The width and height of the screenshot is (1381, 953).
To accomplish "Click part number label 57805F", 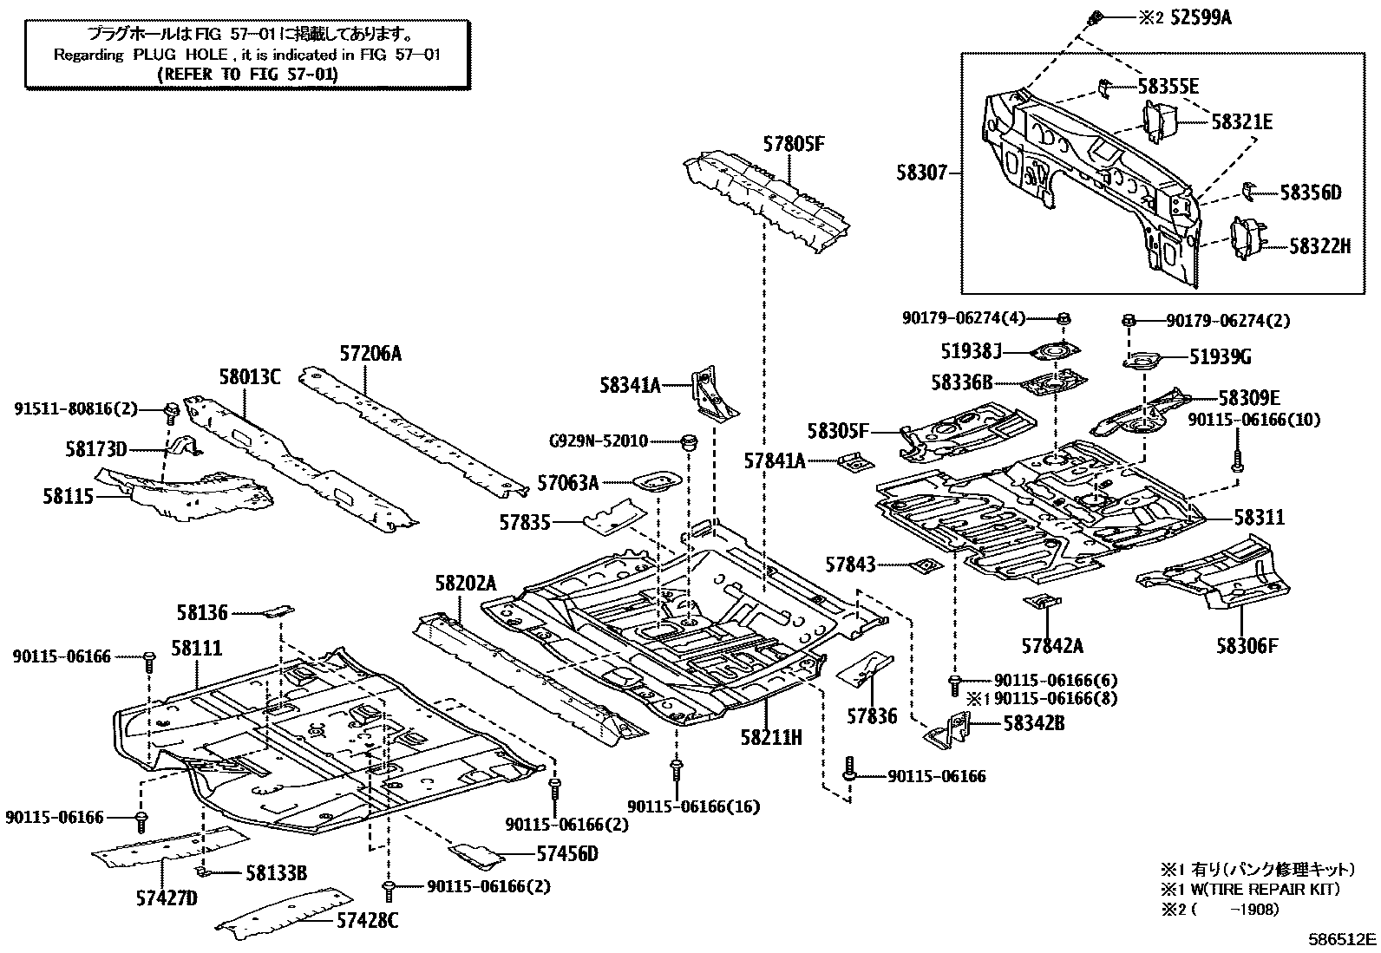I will [x=793, y=144].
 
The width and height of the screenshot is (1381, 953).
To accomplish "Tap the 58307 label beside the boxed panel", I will [x=926, y=173].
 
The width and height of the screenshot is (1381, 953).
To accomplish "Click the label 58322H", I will [x=1319, y=246].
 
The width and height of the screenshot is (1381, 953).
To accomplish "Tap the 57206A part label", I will [x=370, y=354].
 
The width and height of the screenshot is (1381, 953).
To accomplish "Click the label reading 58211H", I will [x=771, y=737].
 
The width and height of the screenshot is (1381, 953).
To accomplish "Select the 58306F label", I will [x=1247, y=645].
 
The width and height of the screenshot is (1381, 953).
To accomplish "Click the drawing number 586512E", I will [x=1343, y=938].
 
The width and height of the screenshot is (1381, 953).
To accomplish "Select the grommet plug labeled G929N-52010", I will [x=690, y=441].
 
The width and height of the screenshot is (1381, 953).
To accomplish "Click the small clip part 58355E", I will [x=1103, y=87].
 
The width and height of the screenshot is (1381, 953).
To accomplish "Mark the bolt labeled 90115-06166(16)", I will [x=676, y=769].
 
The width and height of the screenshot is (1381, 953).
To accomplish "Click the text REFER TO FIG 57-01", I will [x=247, y=74].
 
